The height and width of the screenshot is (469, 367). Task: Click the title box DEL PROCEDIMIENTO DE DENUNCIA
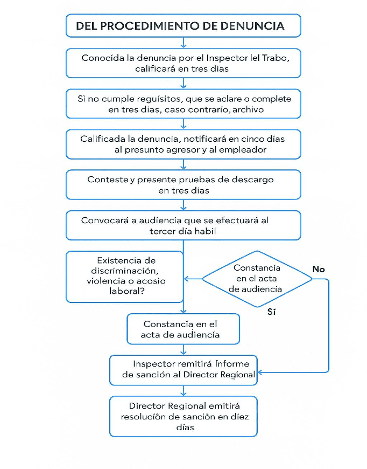tap(183, 25)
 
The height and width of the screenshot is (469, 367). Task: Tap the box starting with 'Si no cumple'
tap(183, 104)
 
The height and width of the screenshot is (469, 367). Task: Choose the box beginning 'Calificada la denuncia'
tap(183, 144)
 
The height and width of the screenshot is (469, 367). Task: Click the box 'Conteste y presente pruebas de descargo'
tap(183, 185)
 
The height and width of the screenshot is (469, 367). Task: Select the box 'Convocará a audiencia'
tap(183, 225)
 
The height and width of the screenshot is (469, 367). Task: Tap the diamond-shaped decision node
tap(257, 279)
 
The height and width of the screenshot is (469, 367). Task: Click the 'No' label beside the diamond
tap(319, 269)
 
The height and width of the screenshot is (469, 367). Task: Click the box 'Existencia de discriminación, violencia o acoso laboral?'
tap(125, 276)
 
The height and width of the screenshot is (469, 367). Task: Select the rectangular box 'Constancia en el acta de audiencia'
tap(183, 329)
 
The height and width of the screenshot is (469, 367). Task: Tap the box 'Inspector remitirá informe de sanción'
tap(183, 369)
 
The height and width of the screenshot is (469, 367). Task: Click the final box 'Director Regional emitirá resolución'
tap(183, 416)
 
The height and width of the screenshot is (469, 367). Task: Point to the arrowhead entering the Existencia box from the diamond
tap(187, 279)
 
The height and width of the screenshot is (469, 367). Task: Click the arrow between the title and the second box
tap(183, 43)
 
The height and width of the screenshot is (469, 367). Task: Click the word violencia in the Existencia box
tap(107, 281)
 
